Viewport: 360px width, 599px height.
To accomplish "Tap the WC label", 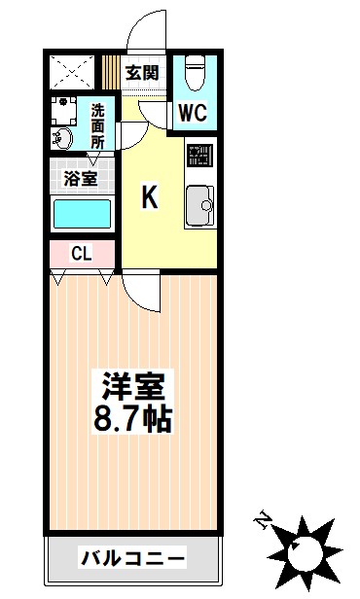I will tap(192, 112).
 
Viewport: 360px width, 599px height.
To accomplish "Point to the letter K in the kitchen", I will tap(150, 197).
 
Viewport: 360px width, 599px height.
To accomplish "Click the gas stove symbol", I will tap(200, 156).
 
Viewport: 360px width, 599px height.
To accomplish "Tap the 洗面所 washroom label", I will tap(97, 125).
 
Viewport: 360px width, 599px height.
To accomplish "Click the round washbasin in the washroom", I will tap(62, 137).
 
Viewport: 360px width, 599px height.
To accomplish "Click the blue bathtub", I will tap(83, 214).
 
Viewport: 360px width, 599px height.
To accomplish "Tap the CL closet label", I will tap(81, 254).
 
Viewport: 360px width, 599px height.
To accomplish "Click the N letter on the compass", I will tap(261, 520).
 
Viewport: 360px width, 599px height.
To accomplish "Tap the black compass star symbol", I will tap(305, 549).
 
